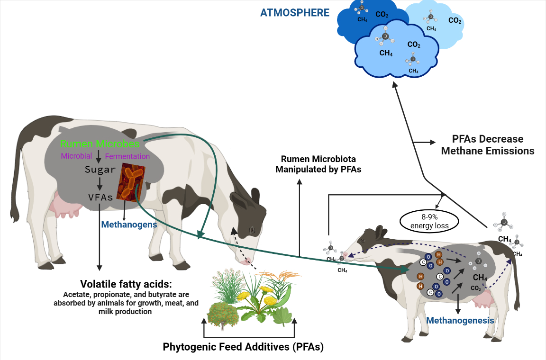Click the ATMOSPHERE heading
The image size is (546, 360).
(x=294, y=13)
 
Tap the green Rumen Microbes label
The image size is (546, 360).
(x=100, y=144)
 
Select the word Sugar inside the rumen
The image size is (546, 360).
(x=100, y=169)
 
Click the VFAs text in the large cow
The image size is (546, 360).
(x=100, y=197)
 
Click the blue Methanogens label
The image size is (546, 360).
(x=129, y=225)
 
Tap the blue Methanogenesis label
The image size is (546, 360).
(x=460, y=321)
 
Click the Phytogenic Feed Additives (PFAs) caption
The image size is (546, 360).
(x=243, y=347)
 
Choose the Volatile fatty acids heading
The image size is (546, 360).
(x=126, y=285)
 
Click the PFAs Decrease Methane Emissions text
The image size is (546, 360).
(x=487, y=145)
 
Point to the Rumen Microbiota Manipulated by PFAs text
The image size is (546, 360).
(x=318, y=164)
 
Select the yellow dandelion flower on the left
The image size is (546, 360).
(x=244, y=296)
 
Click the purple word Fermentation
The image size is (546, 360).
(x=127, y=156)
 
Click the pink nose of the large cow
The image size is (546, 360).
(x=246, y=261)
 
